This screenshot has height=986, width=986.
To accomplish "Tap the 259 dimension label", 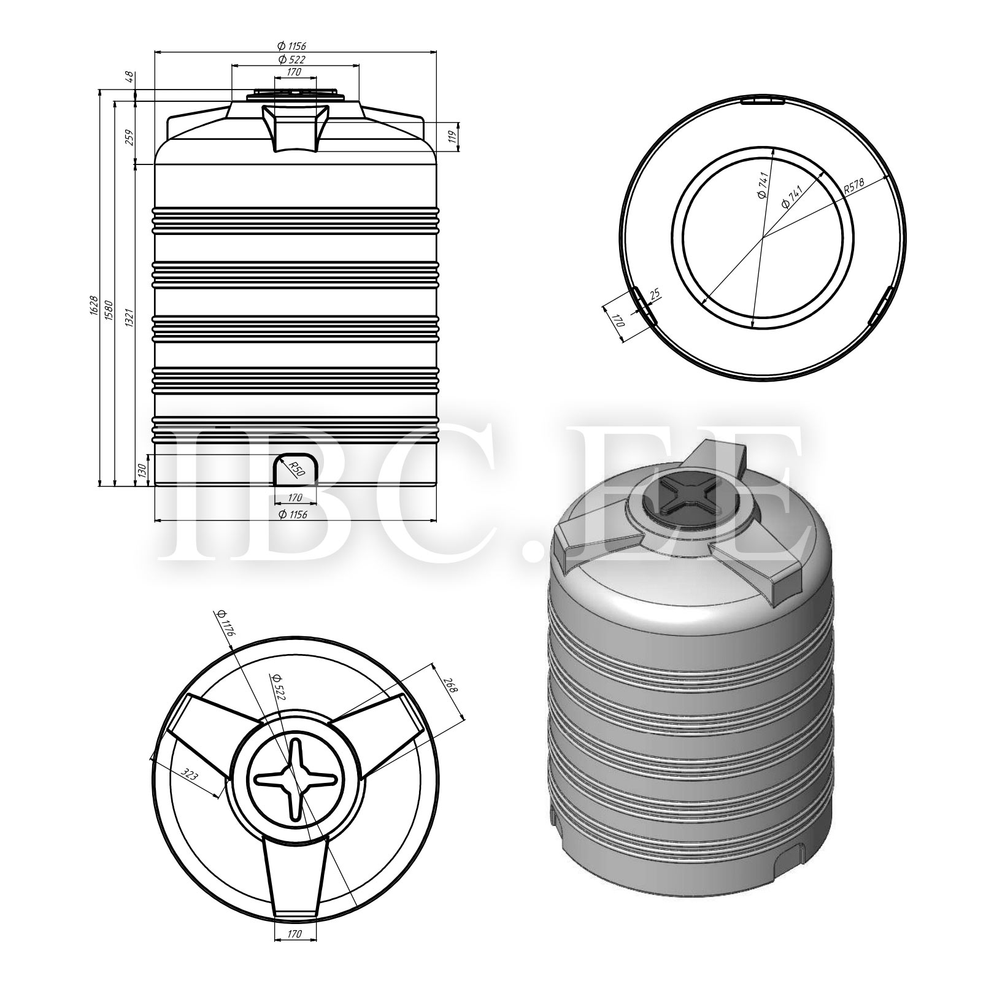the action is tap(129, 136).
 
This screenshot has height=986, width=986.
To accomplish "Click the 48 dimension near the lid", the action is tap(129, 77).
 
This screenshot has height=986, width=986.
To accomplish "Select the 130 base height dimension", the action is tap(142, 471).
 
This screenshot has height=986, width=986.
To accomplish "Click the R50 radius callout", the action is tap(296, 468).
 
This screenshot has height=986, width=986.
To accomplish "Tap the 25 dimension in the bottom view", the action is tap(654, 293).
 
